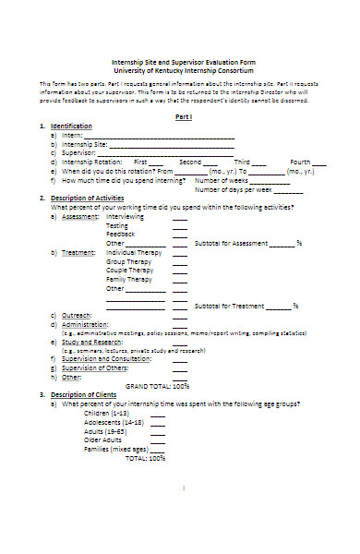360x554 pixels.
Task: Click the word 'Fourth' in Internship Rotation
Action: (303, 162)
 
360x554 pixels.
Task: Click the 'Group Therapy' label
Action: (129, 261)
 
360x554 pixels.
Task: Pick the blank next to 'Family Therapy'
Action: (180, 279)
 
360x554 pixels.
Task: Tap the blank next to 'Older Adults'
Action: (158, 440)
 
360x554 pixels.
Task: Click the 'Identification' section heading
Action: (73, 126)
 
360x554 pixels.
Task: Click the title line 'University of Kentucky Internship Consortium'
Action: (183, 69)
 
